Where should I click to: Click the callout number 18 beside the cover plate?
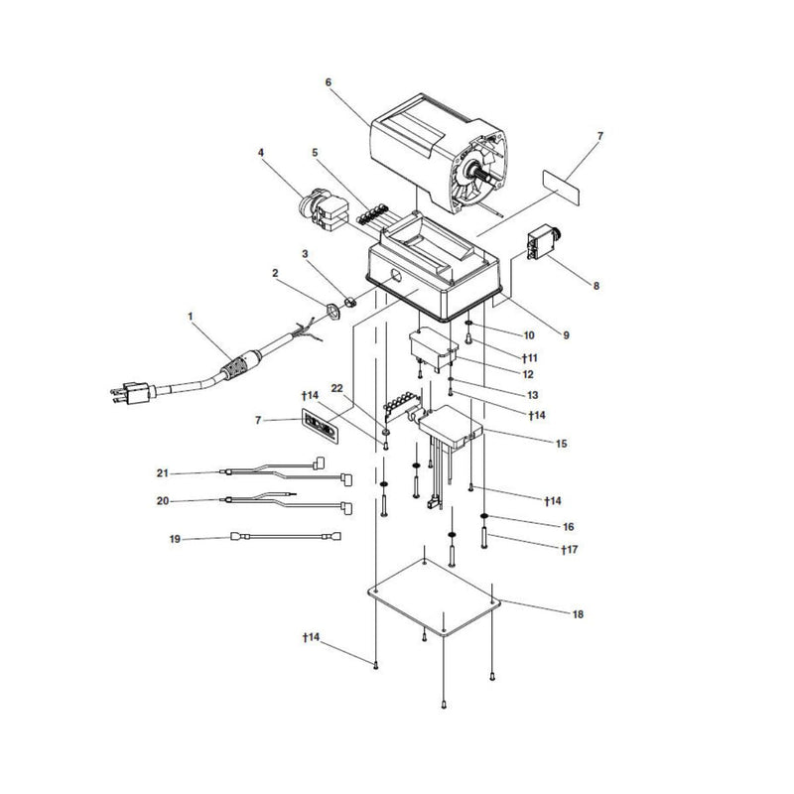[x=577, y=614]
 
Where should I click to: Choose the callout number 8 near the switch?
[x=596, y=285]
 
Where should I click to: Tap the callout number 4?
[x=261, y=153]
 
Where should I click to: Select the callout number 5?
[x=315, y=153]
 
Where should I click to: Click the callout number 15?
[x=563, y=443]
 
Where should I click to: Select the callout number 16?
[x=569, y=526]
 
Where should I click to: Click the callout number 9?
[x=566, y=335]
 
